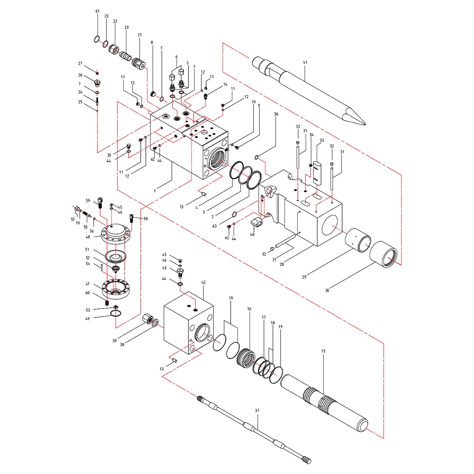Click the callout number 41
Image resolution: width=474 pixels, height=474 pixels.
click(305, 62)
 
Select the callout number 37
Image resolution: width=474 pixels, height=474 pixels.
click(257, 410)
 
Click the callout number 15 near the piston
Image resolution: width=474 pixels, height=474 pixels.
click(323, 351)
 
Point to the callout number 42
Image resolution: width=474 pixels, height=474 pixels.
click(203, 282)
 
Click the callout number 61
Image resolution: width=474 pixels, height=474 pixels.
click(98, 11)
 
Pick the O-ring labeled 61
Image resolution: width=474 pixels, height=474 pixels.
click(97, 39)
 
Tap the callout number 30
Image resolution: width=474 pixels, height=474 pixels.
click(327, 290)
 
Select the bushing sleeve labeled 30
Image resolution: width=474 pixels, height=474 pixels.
click(384, 254)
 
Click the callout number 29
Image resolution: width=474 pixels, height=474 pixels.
click(304, 277)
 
